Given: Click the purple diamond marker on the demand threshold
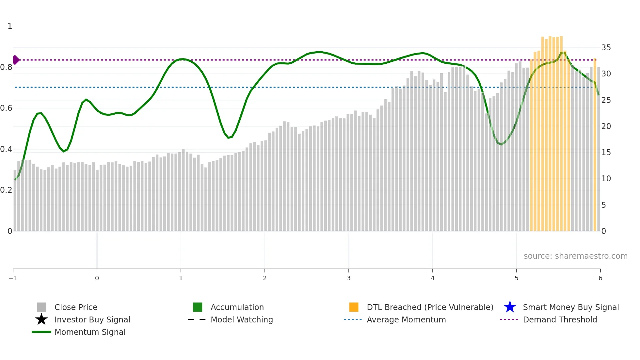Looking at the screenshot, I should (x=16, y=60).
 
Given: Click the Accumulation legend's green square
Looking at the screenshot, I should (x=198, y=307).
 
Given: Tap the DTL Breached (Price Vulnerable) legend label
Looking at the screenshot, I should (x=430, y=307).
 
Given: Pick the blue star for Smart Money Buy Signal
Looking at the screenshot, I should (x=510, y=307).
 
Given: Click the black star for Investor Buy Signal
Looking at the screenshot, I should (x=41, y=319).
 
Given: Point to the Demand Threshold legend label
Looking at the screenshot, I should (x=560, y=319).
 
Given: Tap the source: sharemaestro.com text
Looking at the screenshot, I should (x=575, y=256).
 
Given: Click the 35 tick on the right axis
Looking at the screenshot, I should (x=606, y=48).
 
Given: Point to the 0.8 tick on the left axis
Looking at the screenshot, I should (x=6, y=67).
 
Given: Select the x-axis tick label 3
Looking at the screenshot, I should (x=349, y=278).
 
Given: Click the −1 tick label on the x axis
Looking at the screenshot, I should (x=13, y=278).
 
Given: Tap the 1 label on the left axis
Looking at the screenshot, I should (x=10, y=26).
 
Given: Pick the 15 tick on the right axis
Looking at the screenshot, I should (x=606, y=153).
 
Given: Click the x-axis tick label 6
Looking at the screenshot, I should (x=600, y=278).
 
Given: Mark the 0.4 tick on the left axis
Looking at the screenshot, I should (x=6, y=149).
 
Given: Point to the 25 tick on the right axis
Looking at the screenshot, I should (x=606, y=100).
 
